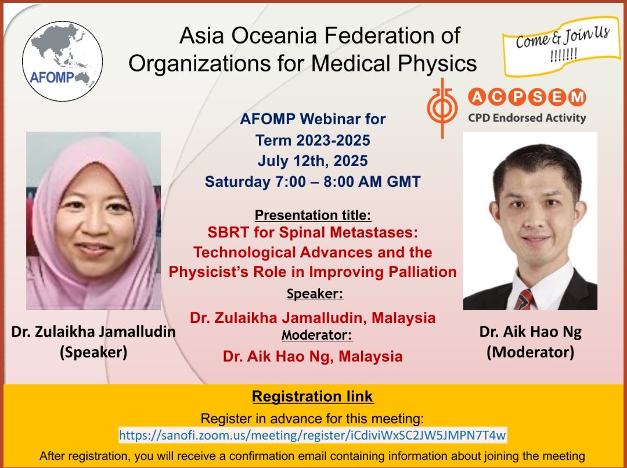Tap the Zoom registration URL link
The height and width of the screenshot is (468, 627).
point(313,434)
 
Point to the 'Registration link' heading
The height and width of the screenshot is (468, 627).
point(313,397)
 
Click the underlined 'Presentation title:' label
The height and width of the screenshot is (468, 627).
point(313,215)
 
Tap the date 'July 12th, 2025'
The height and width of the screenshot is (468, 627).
point(313,160)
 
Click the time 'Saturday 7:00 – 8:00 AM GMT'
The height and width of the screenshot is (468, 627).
point(313,181)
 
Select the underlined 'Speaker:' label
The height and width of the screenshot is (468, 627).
point(315,294)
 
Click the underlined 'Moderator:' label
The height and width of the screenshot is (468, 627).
point(317,334)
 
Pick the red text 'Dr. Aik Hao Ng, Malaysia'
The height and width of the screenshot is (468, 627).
point(313,355)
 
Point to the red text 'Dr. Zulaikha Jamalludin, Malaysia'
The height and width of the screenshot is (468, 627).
point(313,318)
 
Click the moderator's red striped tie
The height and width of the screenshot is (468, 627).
point(524,300)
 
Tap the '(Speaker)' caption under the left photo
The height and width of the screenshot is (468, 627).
point(93,352)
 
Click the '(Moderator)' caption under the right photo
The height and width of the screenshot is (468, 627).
point(530,352)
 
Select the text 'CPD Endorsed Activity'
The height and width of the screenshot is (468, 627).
point(527,118)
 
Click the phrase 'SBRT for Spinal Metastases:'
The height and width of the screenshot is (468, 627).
point(313,233)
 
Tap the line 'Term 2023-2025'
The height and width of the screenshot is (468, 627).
point(313,139)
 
